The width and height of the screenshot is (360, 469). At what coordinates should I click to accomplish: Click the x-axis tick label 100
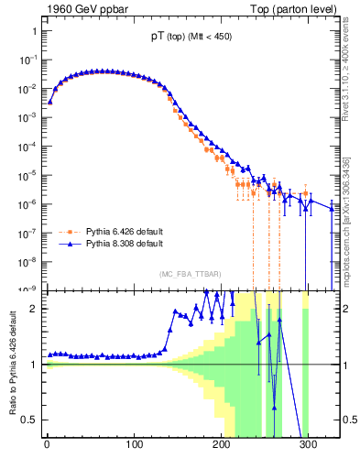[x=134, y=446]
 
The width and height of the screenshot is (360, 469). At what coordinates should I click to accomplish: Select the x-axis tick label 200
[x=221, y=446]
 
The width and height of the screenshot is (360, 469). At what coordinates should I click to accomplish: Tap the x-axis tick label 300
[x=308, y=446]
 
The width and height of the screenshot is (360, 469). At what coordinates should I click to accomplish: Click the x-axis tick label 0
[x=47, y=446]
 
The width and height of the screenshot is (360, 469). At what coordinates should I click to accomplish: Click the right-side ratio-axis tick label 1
[x=346, y=365]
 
